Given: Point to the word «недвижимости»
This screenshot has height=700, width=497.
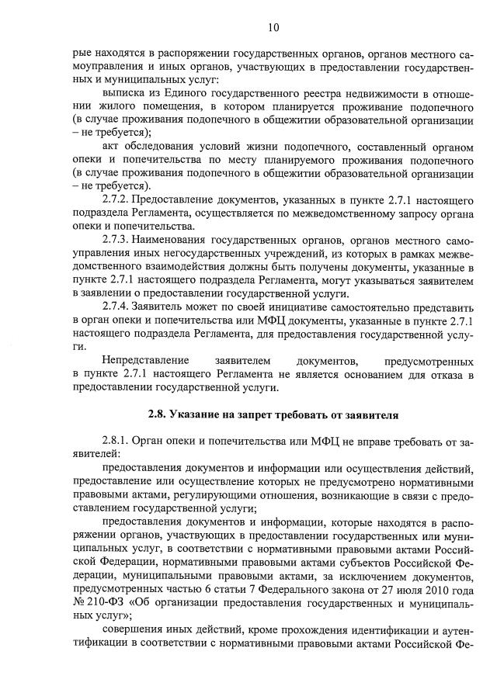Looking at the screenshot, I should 361,94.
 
